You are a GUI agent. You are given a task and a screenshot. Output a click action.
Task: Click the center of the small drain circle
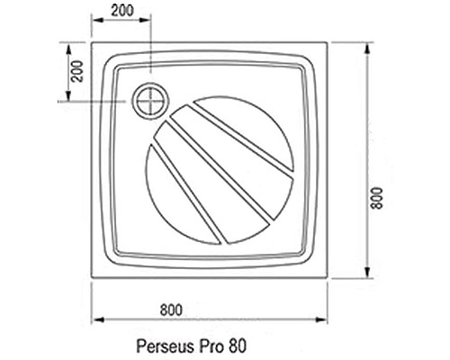[x=150, y=101]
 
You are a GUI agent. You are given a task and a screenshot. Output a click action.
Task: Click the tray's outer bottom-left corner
[x=93, y=277]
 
